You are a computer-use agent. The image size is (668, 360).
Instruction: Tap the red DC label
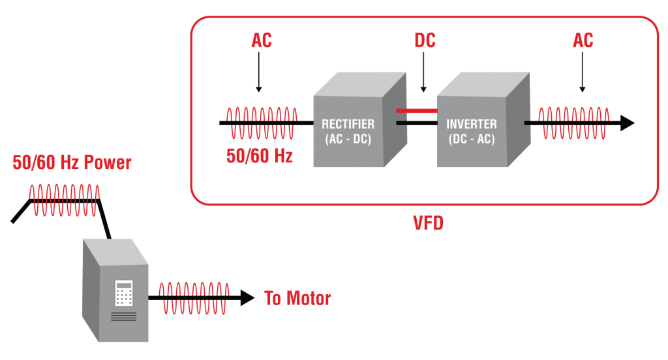tap(425, 40)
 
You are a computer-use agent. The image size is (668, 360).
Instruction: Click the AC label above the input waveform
tap(262, 40)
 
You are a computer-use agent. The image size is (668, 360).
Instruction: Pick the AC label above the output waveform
tap(583, 40)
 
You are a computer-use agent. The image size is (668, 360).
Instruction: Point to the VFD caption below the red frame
tap(428, 223)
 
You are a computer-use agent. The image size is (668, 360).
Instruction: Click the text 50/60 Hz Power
tap(72, 163)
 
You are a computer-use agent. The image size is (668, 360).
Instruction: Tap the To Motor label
tap(297, 298)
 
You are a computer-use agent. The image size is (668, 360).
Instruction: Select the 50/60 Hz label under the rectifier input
tap(260, 156)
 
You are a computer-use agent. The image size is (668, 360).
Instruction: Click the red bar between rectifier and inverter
tap(417, 111)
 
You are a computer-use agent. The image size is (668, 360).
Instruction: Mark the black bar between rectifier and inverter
tap(417, 123)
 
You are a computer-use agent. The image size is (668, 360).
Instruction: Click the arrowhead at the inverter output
tap(628, 123)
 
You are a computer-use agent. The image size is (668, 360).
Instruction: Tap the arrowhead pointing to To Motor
tap(247, 298)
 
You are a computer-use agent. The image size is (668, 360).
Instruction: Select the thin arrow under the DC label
tap(423, 72)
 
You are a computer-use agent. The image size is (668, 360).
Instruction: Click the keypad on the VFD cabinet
tap(124, 293)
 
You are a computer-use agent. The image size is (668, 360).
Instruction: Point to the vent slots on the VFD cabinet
tap(124, 316)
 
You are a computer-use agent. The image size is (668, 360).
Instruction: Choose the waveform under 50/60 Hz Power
tap(65, 200)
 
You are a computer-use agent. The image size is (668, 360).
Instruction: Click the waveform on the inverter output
tap(574, 123)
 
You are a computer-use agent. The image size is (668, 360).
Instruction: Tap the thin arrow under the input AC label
tap(258, 72)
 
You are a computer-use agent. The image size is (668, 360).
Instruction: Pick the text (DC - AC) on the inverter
tap(472, 140)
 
